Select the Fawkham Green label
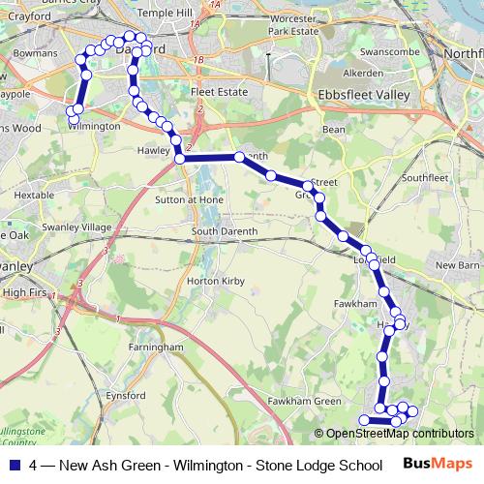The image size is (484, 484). (x=305, y=402)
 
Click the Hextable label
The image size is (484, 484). (x=34, y=195)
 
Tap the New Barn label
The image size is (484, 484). (x=457, y=265)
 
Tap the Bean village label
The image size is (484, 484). (x=333, y=129)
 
